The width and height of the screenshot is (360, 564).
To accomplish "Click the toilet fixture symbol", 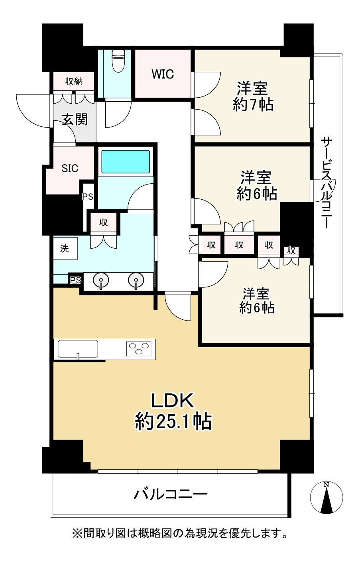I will tap(118, 61).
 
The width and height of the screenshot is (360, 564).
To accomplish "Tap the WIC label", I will tap(163, 74).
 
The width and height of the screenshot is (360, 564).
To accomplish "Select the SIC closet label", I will tap(70, 168).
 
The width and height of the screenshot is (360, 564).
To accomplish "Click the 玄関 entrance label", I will tap(75, 119).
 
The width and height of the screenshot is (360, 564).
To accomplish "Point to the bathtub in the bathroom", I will tap(126, 161).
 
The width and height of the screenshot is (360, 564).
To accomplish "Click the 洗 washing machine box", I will tap(65, 249).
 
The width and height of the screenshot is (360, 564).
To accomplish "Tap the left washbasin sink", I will tap(101, 281).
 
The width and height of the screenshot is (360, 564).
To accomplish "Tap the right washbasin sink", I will tap(136, 281).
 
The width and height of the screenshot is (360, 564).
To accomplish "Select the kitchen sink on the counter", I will tap(78, 349).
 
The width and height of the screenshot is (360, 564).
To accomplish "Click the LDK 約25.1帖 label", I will tap(173, 411).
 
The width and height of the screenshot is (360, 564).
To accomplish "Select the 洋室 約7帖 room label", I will tap(253, 96).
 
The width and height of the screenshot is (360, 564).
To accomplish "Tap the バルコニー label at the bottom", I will tap(170, 495).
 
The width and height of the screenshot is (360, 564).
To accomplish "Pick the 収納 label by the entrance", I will tap(74, 81).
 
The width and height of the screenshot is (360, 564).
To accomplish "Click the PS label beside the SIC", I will tap(88, 197).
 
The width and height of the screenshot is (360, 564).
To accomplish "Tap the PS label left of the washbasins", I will tap(75, 280).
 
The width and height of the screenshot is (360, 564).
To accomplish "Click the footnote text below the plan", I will tap(179, 533).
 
